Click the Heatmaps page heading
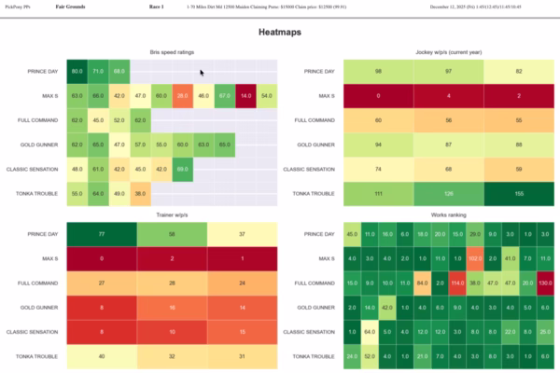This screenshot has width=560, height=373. point(280,32)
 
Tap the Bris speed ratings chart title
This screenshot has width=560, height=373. point(172,52)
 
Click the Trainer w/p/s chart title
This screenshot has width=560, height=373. point(172,215)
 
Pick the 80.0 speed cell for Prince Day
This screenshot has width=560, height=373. point(77,71)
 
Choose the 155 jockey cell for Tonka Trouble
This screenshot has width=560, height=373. point(519,192)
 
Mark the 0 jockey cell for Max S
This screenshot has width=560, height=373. point(378,95)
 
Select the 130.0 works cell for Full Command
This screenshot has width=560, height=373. point(545,283)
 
